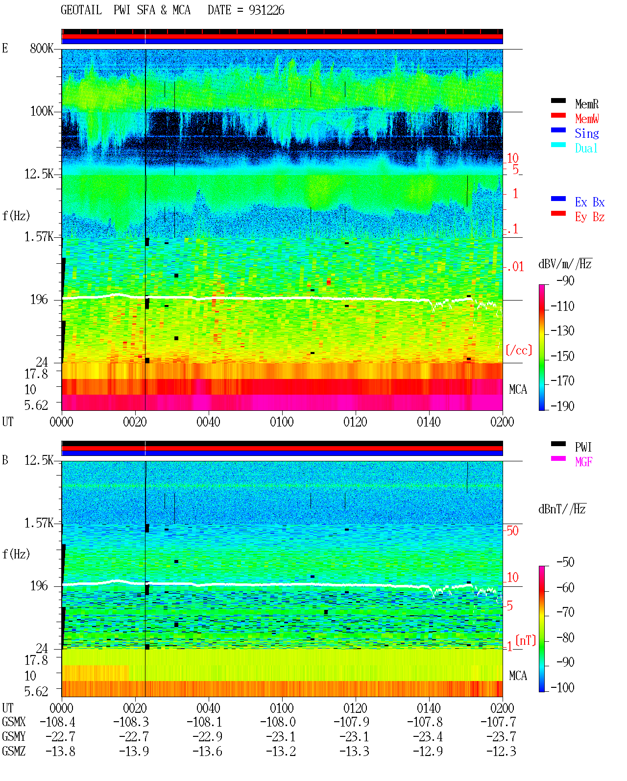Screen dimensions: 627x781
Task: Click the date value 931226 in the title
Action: pos(266,10)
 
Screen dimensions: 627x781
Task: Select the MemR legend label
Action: pos(587,104)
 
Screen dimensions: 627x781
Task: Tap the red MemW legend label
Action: pos(587,119)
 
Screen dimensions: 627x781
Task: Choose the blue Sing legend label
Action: pos(587,133)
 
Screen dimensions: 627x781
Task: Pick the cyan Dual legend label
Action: pos(586,148)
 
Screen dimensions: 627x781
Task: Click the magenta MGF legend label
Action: pos(584,462)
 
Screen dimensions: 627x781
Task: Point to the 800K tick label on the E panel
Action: pos(42,48)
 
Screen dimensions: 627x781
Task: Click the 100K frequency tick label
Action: pos(42,111)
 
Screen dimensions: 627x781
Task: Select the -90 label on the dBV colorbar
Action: pos(565,281)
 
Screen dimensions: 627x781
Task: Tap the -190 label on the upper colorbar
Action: pos(562,406)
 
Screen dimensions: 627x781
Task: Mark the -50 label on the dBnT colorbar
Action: pos(565,562)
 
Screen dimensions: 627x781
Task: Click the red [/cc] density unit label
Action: pos(519,350)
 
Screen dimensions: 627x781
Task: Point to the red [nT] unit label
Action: pos(526,640)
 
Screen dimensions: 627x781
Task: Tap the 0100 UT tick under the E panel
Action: pos(282,422)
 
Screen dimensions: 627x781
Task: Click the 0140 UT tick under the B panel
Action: pos(429,708)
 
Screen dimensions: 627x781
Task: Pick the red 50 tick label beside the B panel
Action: pos(512,531)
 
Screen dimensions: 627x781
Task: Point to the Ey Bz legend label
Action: pos(590,217)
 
